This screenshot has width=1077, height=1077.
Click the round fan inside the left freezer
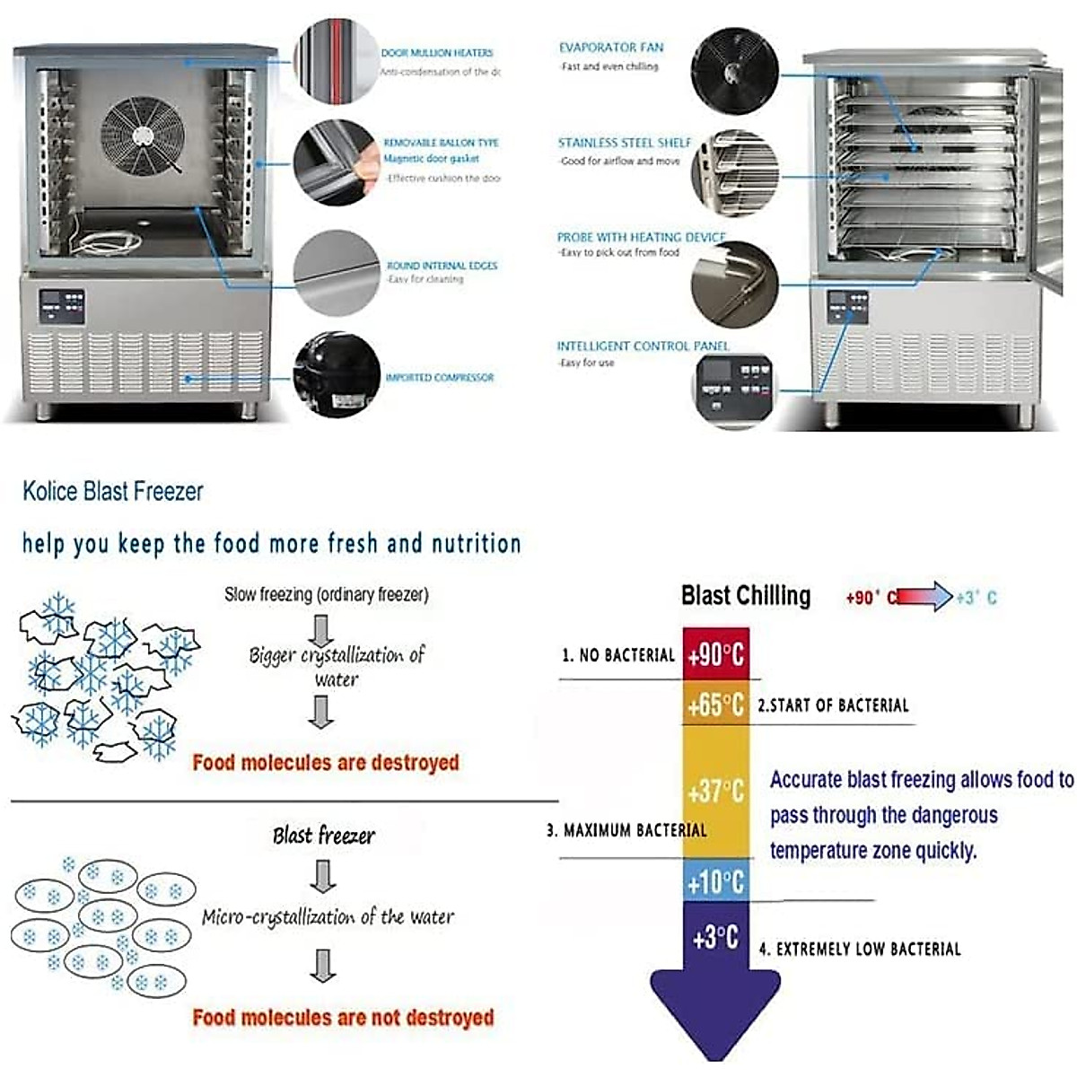143,135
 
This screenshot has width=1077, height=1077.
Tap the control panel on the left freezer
62,308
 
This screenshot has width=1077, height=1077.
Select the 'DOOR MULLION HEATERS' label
437,53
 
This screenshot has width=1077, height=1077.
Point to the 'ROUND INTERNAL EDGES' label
442,266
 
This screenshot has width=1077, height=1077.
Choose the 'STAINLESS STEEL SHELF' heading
625,143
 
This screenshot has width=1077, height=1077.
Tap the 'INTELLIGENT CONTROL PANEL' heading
643,346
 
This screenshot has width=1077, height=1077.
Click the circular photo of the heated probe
734,284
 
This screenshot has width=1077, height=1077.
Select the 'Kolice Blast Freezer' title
113,491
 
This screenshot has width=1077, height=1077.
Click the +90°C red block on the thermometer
715,654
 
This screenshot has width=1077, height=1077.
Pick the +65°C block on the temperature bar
715,705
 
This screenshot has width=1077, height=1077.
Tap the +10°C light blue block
715,881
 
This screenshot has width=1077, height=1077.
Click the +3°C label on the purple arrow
715,938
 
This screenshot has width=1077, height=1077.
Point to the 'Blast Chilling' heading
746,596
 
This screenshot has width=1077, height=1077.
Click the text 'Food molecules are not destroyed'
343,1018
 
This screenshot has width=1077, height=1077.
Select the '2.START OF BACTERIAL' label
834,705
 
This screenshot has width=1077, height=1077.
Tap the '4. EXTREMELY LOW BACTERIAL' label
860,949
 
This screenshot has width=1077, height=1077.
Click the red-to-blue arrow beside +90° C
924,597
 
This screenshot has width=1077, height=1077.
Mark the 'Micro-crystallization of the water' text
328,916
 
